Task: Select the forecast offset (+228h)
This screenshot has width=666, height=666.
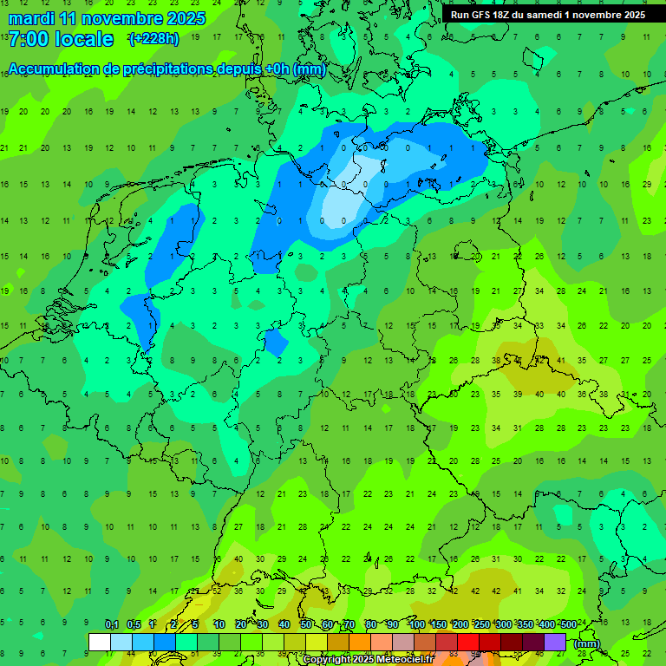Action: point(153,39)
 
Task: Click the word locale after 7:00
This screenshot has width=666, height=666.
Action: point(83,39)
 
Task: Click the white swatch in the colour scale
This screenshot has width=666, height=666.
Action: point(100,642)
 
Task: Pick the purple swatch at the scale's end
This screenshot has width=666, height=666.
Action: point(555,642)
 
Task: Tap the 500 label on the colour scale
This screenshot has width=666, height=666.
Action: point(568,624)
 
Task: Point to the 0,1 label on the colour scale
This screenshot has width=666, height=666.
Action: point(112,624)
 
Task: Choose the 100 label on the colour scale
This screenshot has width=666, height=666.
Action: point(416,624)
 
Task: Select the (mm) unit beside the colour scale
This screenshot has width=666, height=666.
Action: point(587,643)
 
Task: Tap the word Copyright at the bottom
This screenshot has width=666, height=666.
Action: point(327,660)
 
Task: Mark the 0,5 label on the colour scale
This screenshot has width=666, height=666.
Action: point(134,624)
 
